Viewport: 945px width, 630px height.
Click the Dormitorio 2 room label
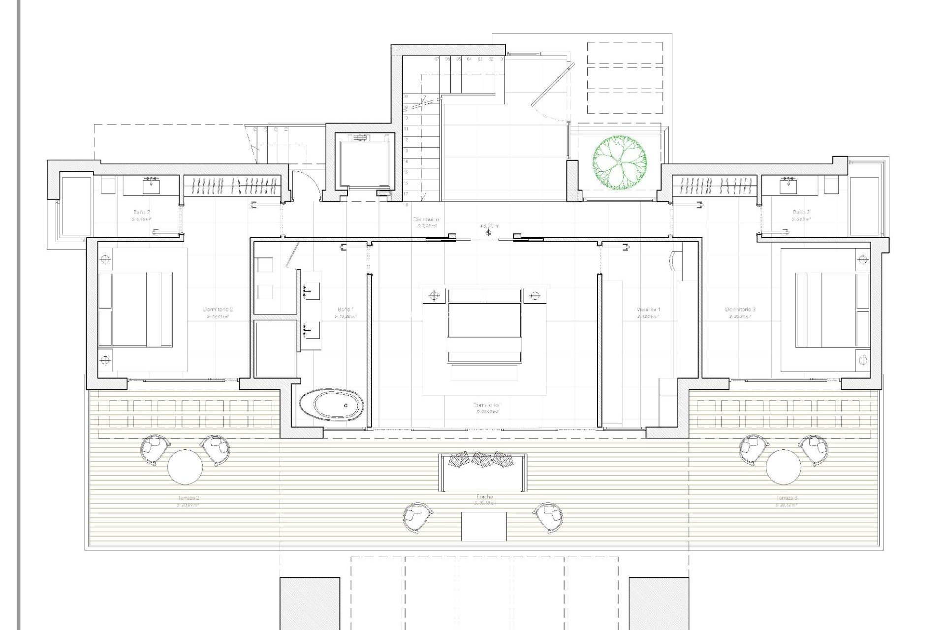(x=217, y=310)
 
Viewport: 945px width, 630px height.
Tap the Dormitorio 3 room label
(x=740, y=310)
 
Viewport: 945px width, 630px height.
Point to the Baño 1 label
(x=346, y=310)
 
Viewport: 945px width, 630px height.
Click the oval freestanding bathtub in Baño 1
(x=331, y=406)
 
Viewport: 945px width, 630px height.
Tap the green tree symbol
(x=619, y=163)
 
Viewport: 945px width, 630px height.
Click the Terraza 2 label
(x=188, y=498)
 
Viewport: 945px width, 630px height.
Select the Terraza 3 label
(x=786, y=498)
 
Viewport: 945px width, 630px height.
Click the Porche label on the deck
(x=484, y=497)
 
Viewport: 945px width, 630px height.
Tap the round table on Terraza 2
(x=185, y=467)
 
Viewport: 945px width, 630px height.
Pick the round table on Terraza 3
(x=783, y=467)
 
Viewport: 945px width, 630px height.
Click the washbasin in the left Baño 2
(x=151, y=186)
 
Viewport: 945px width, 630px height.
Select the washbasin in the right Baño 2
(x=788, y=186)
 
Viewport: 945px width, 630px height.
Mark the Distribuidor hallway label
(x=426, y=220)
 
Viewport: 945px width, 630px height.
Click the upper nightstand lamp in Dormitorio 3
(x=862, y=259)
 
